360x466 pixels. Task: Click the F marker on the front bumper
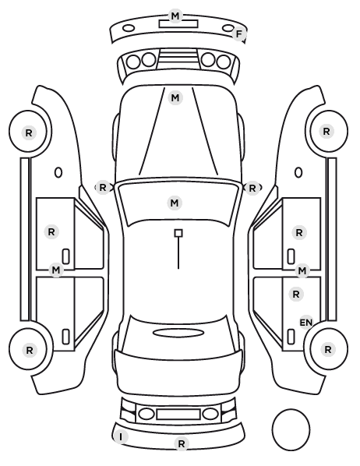(238, 34)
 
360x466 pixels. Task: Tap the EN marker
(306, 323)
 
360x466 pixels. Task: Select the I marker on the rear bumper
(121, 437)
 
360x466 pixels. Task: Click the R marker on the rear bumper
(182, 443)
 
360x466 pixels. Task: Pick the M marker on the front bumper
(175, 16)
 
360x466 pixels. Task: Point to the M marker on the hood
(175, 97)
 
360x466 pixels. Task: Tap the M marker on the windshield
(175, 203)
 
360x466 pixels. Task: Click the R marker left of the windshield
(103, 188)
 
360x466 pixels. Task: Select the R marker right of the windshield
(252, 188)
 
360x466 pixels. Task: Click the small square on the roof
(178, 233)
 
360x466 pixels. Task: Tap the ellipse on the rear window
(178, 333)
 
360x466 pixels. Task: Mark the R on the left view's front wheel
(29, 132)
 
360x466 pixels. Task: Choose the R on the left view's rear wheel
(30, 351)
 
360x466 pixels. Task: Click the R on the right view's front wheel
(326, 132)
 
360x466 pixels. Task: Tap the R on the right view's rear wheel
(327, 349)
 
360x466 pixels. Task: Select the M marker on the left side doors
(56, 270)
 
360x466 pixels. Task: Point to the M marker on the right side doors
(302, 270)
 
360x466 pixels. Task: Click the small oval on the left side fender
(58, 172)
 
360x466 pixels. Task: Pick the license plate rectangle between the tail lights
(178, 415)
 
